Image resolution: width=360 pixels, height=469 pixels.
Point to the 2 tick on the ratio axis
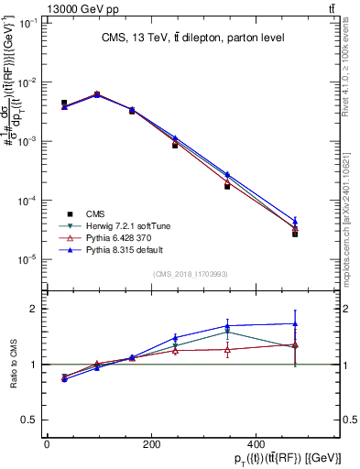pyautogui.click(x=37, y=310)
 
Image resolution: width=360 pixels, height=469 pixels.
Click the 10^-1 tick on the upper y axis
pyautogui.click(x=27, y=23)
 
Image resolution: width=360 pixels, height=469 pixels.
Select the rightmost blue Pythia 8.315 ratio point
pyautogui.click(x=294, y=323)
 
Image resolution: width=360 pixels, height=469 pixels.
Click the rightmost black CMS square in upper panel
pyautogui.click(x=294, y=234)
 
